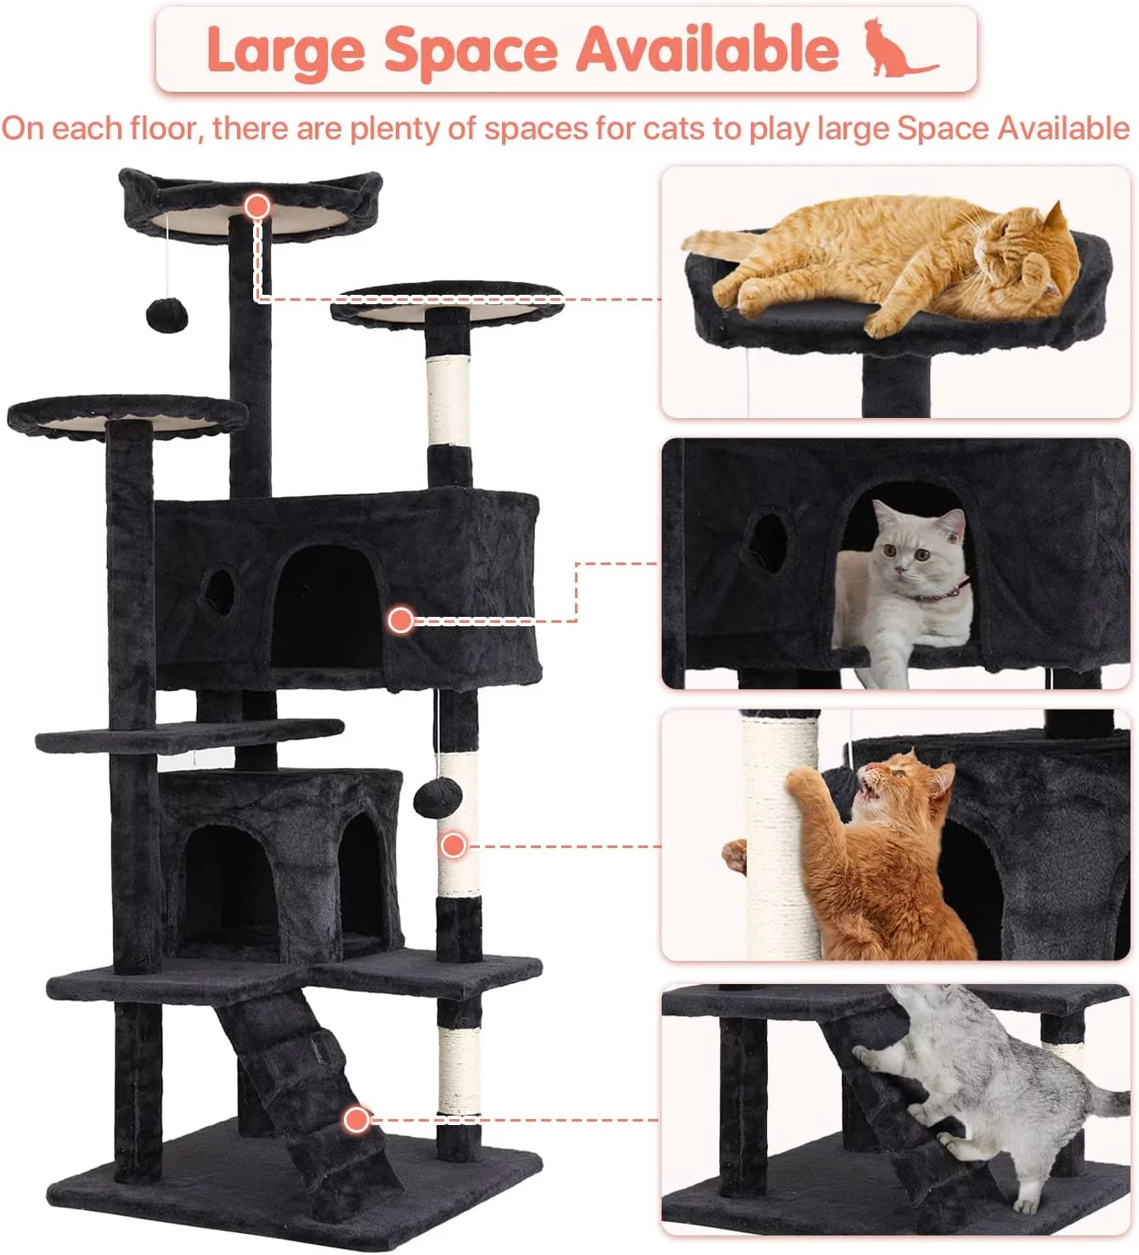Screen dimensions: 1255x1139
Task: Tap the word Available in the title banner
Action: (x=708, y=49)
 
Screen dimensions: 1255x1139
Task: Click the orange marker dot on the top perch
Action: (x=257, y=206)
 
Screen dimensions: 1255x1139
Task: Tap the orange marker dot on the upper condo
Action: (x=401, y=620)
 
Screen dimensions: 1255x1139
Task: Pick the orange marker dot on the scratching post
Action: (x=454, y=845)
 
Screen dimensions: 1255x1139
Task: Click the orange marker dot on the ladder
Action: (x=357, y=1119)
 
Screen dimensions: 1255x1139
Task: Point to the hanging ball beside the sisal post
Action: (x=437, y=798)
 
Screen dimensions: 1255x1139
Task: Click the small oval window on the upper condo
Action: (x=219, y=591)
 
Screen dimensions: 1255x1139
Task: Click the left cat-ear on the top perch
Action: (x=136, y=182)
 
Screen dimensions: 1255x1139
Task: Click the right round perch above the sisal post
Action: (x=447, y=302)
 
